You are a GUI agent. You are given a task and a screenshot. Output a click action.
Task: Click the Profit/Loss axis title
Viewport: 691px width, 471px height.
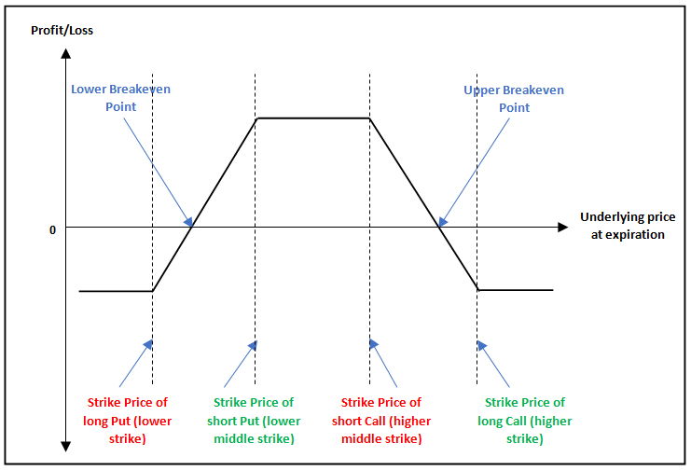[x=62, y=31]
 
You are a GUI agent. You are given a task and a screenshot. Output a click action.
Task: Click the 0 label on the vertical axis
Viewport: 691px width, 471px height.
[x=53, y=229]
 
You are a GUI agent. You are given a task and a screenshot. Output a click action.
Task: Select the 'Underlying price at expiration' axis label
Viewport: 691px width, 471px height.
[x=628, y=226]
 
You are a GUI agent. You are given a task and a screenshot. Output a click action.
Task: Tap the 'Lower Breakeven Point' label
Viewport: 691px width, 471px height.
[x=120, y=98]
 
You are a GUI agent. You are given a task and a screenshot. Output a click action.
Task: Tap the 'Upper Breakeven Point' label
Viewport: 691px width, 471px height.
[x=514, y=99]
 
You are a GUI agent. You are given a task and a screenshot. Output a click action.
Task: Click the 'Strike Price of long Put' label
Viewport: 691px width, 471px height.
[x=128, y=420]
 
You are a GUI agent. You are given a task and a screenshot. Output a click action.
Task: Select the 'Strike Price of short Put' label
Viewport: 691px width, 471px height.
[x=254, y=420]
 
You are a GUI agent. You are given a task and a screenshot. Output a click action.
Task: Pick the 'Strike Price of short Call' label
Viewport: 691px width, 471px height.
[x=380, y=420]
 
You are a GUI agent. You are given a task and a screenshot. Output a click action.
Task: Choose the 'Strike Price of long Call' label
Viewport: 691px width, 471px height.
[x=525, y=420]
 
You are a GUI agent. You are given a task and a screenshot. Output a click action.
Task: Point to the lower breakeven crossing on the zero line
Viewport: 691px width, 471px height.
[x=192, y=227]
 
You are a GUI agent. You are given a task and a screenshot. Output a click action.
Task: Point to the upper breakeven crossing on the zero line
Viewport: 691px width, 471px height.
[x=438, y=227]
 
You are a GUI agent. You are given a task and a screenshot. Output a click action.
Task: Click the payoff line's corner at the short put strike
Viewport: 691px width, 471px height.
[x=256, y=118]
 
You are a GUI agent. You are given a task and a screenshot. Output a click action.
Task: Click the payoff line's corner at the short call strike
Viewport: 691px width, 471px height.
[x=370, y=118]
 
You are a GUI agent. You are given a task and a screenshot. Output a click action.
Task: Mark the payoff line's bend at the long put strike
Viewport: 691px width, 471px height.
[x=152, y=291]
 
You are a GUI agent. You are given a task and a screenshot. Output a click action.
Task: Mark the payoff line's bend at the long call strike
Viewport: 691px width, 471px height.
[x=477, y=290]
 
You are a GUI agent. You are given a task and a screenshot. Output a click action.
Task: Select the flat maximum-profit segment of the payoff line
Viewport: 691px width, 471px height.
[x=313, y=118]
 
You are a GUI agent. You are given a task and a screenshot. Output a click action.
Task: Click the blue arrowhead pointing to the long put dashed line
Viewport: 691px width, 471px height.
[x=147, y=344]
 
